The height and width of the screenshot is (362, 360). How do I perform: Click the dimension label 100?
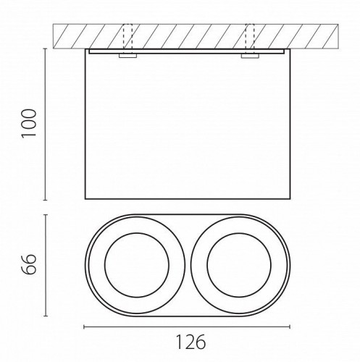(x=29, y=124)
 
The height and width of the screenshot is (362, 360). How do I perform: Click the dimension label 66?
(x=29, y=264)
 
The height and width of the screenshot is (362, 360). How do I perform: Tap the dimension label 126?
(x=191, y=342)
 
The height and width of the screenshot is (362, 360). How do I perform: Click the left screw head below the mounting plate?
(x=127, y=56)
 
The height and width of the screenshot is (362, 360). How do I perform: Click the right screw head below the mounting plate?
(x=250, y=56)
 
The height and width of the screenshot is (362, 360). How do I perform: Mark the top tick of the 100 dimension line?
(x=45, y=49)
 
